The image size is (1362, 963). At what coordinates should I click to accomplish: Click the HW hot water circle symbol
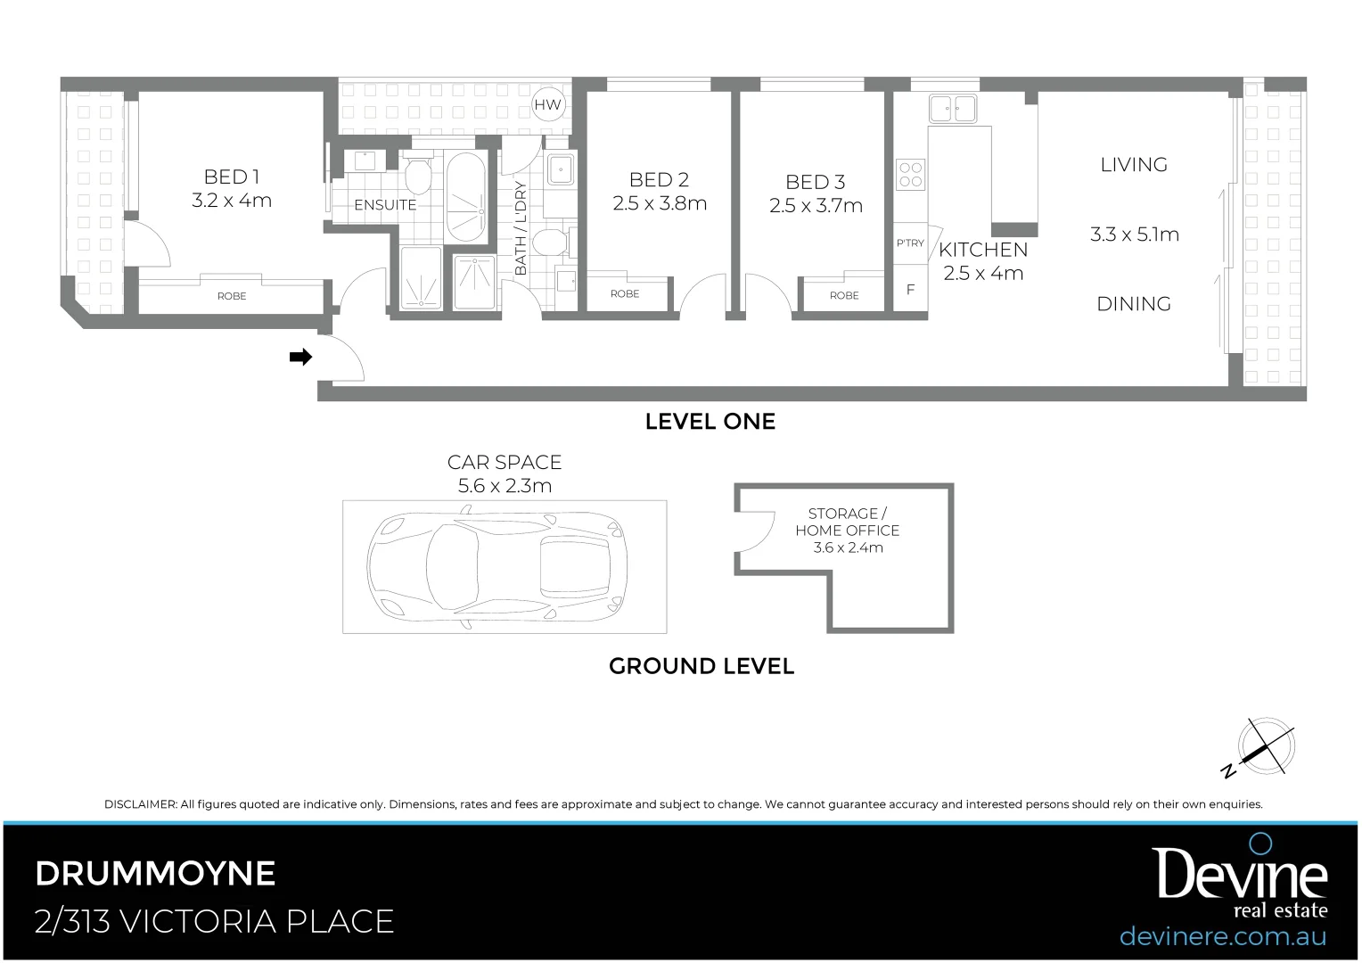tap(548, 105)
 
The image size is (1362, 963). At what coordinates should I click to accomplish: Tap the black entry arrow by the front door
tap(301, 358)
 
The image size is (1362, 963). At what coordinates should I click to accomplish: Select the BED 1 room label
tap(232, 177)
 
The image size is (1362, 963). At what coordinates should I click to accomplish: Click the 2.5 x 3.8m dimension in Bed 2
tap(660, 204)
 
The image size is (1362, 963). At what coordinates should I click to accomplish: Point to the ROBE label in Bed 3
tap(844, 295)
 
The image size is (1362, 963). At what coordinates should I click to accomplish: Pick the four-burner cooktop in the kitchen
tap(910, 173)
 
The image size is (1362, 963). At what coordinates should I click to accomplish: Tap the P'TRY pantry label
tap(910, 243)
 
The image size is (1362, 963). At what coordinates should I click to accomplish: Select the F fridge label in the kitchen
tap(910, 290)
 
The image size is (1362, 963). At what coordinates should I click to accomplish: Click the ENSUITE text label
tap(385, 205)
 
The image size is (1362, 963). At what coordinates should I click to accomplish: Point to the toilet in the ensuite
tap(417, 174)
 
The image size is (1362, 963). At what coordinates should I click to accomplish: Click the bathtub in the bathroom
tap(464, 196)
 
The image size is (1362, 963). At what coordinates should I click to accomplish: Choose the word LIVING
tap(1134, 165)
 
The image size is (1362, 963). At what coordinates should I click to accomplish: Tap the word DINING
tap(1134, 304)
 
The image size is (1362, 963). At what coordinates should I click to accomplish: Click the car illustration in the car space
tap(496, 566)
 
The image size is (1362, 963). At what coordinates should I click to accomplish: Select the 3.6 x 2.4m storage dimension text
tap(848, 547)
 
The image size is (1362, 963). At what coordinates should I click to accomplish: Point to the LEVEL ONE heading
tap(710, 422)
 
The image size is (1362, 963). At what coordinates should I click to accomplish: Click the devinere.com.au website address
tap(1222, 936)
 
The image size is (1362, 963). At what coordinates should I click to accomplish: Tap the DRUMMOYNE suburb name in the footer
tap(155, 873)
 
